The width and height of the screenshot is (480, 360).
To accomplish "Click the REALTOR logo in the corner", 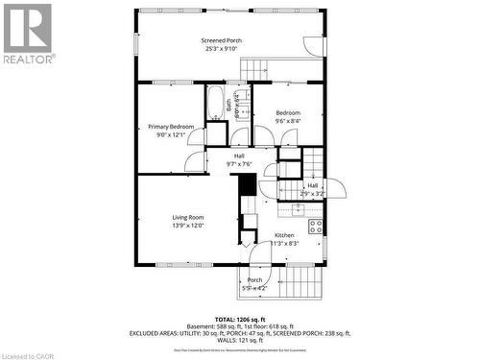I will [x=27, y=33].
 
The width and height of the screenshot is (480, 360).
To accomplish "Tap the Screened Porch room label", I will [x=221, y=40].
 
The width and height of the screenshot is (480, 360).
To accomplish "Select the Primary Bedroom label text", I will [x=171, y=127].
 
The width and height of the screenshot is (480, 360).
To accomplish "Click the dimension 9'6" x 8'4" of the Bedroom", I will [x=287, y=121].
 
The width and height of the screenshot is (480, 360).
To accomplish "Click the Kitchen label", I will [x=284, y=235].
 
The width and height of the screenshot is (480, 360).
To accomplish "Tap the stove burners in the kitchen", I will [x=315, y=227].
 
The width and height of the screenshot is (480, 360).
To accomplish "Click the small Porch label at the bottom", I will [x=254, y=280].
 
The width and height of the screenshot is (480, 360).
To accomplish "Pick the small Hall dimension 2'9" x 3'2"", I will [x=313, y=194].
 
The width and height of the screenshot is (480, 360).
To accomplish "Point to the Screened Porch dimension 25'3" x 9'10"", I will [x=221, y=49].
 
